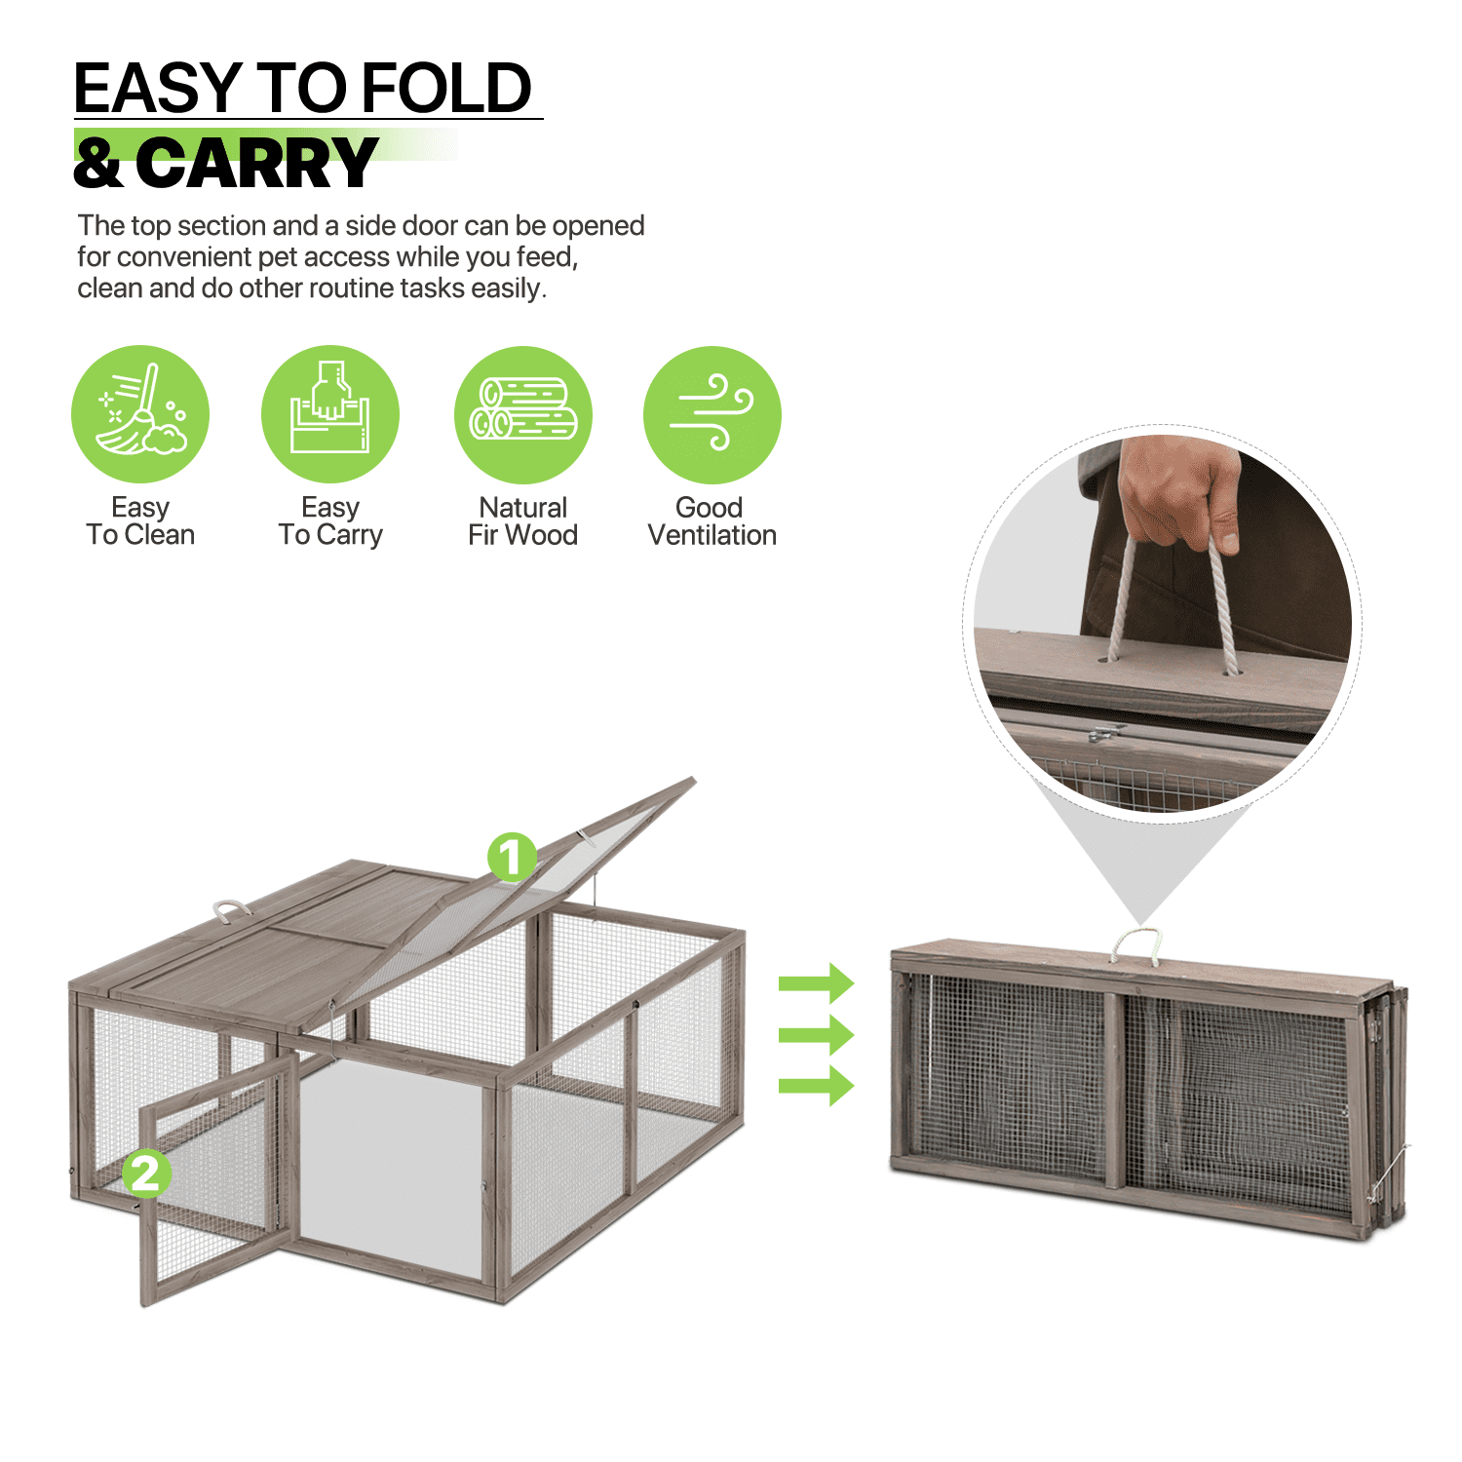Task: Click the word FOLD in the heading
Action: click(447, 89)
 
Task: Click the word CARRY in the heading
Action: click(256, 164)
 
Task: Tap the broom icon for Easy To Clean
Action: click(140, 414)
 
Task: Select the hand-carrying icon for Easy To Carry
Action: click(330, 414)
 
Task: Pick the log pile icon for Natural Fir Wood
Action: click(523, 414)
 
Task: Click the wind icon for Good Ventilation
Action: click(712, 414)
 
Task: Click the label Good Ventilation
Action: click(712, 521)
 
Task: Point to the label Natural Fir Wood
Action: click(522, 521)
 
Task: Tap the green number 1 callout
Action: click(512, 858)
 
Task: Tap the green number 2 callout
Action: click(146, 1173)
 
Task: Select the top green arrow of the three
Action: click(816, 982)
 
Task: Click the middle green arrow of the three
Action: click(816, 1034)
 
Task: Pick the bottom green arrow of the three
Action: click(816, 1085)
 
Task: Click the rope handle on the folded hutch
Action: click(1136, 943)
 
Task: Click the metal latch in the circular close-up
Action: click(1105, 733)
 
